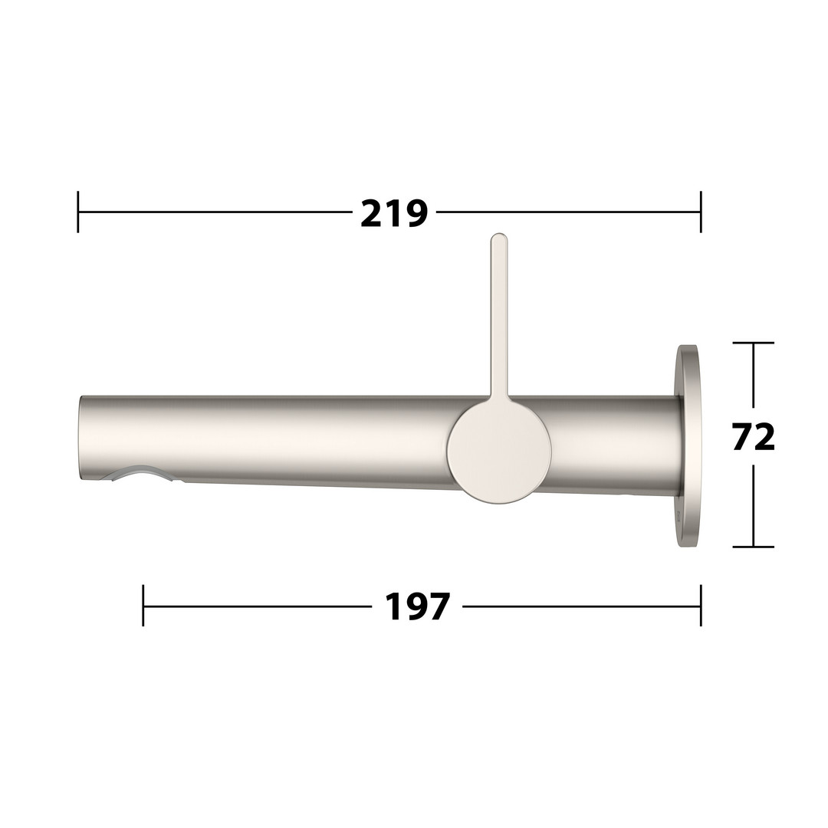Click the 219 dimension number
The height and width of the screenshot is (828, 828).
click(x=394, y=213)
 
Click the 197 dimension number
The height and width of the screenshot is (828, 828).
click(x=417, y=606)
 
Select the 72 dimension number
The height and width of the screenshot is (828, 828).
click(x=754, y=436)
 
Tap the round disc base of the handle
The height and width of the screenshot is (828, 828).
click(x=499, y=451)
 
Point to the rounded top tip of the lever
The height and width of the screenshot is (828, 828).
click(x=499, y=235)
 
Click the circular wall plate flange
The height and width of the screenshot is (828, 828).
click(x=688, y=447)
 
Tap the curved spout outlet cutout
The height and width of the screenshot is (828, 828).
click(x=140, y=472)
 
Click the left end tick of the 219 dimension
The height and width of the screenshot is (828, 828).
click(x=78, y=212)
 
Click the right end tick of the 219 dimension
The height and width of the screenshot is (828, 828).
click(x=701, y=212)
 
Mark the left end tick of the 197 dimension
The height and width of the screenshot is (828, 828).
click(x=143, y=605)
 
